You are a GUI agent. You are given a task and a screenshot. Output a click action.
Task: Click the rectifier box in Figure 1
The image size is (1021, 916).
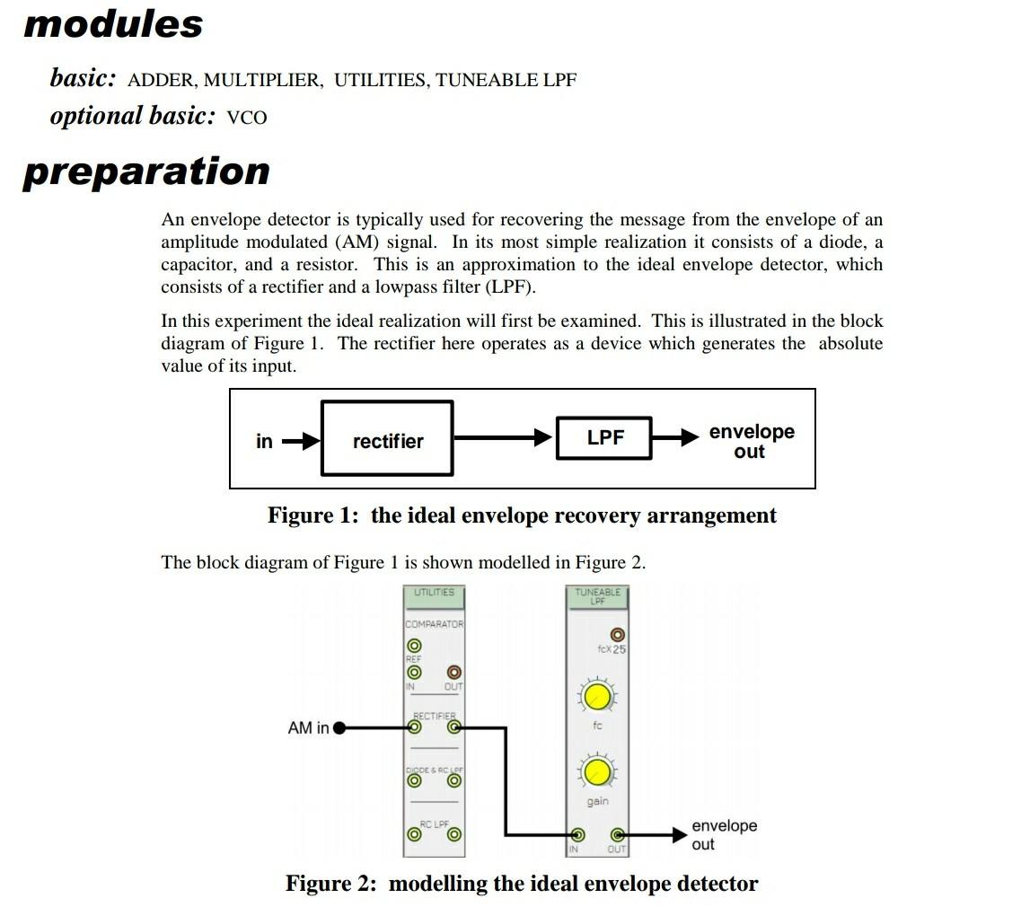click(387, 439)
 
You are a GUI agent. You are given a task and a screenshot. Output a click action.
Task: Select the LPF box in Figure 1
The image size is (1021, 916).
click(604, 438)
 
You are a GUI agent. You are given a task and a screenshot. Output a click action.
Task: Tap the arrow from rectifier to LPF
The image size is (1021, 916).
click(503, 438)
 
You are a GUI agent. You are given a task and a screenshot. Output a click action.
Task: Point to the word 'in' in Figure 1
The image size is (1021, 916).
click(264, 441)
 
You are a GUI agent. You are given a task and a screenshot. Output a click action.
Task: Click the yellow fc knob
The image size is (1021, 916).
click(597, 697)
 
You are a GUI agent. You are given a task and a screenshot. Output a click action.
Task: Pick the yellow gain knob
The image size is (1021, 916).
click(597, 772)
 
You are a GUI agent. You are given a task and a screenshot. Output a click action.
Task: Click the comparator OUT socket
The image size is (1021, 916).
click(454, 672)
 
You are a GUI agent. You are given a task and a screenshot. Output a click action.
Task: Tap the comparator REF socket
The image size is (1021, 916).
click(414, 646)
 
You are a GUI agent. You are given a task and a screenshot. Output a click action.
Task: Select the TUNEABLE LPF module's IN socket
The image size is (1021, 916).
click(577, 835)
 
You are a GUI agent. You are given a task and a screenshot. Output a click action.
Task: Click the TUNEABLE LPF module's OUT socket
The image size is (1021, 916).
click(617, 835)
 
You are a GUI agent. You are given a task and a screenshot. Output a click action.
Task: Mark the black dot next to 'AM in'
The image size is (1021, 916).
click(339, 728)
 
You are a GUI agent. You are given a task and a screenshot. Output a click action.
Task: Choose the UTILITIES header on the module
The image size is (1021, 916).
click(434, 594)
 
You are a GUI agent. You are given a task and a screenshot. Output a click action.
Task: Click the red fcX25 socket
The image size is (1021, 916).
click(617, 634)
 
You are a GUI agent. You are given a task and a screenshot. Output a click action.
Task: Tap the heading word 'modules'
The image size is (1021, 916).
click(114, 24)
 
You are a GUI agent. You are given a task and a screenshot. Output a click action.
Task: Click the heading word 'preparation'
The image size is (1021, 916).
click(146, 171)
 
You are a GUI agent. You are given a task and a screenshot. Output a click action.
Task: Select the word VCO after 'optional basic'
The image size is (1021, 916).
click(247, 118)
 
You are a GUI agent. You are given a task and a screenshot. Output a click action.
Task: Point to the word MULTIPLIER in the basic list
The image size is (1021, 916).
click(262, 81)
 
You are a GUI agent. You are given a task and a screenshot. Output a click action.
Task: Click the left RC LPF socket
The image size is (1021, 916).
click(414, 834)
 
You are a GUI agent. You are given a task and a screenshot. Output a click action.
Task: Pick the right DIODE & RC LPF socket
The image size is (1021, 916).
click(454, 780)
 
